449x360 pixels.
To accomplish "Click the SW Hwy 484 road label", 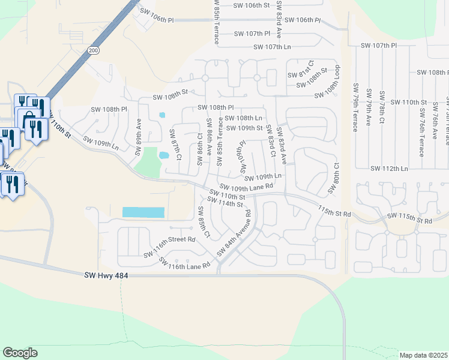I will click(107, 275).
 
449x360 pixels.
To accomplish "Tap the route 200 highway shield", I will click(92, 51).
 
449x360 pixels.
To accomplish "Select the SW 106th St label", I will click(248, 5).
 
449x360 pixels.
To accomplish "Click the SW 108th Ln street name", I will click(244, 118).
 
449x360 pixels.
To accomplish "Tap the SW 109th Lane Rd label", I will click(246, 187).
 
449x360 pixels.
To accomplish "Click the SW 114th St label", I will click(224, 204).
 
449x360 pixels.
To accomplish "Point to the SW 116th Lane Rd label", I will click(184, 262).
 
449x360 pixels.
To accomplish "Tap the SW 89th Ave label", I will click(139, 132).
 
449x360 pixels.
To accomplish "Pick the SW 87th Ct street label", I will click(175, 145).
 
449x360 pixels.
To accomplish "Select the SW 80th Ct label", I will click(333, 178).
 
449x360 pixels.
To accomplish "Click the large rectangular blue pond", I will click(143, 212).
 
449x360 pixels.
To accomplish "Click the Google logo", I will click(20, 353).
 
